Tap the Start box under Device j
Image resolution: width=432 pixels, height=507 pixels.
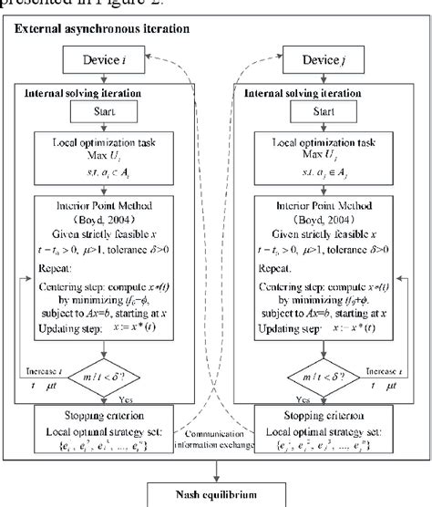(x=310, y=114)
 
